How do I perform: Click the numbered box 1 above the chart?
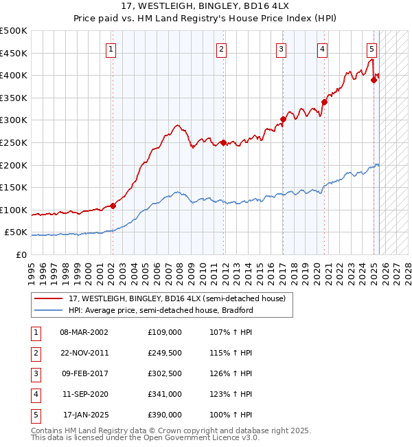coord(111,49)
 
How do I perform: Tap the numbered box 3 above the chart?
coord(282,49)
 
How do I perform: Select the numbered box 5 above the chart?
coord(371,49)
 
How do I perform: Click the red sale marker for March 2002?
coord(113,206)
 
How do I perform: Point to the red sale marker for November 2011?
coord(223,143)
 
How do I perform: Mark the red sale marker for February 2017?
coord(283,119)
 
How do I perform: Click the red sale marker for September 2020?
coord(324,102)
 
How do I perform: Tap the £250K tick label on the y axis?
coord(14,142)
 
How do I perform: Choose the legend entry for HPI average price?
coord(161,310)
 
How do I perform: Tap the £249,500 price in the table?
coord(165,352)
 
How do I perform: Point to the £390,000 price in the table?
coord(165,415)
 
